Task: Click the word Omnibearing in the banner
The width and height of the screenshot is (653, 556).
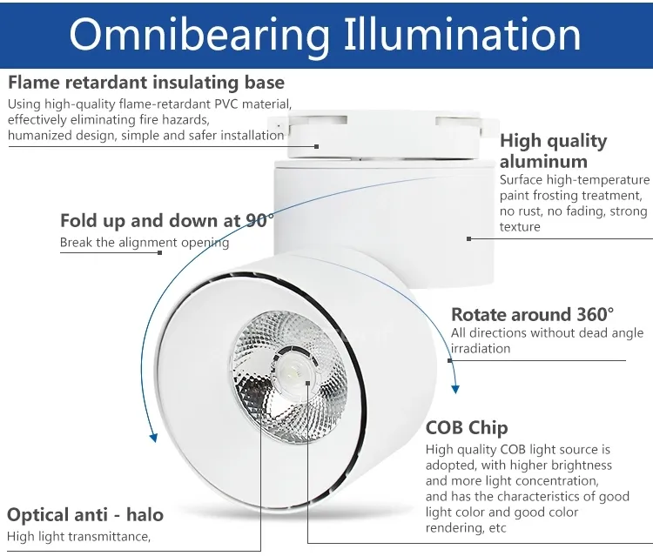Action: [x=199, y=35]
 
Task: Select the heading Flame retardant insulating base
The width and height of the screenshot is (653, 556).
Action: [x=146, y=83]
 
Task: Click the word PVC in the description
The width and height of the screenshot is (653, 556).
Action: [x=226, y=104]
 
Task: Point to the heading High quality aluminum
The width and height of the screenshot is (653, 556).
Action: [x=554, y=151]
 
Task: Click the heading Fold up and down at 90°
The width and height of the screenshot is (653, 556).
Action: [x=167, y=220]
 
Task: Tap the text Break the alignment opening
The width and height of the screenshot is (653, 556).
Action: [x=145, y=243]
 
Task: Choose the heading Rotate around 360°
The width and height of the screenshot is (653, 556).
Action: [x=532, y=314]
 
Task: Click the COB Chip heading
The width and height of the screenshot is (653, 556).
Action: [x=467, y=428]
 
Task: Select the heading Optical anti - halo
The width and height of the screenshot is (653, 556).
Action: [x=85, y=515]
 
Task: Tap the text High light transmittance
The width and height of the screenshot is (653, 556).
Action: [x=78, y=537]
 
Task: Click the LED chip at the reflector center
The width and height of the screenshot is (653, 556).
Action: [x=293, y=369]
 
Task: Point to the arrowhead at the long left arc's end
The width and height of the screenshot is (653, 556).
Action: [x=153, y=438]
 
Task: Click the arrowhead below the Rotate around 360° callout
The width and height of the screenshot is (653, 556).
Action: [x=455, y=389]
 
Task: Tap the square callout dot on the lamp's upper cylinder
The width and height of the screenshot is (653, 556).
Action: [x=469, y=239]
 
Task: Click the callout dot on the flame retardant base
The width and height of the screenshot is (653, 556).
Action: [x=317, y=146]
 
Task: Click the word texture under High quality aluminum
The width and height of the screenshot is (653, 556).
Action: [x=520, y=227]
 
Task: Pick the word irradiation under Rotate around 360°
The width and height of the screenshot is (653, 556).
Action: [x=481, y=348]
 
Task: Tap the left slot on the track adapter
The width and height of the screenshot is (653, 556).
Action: [x=319, y=120]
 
